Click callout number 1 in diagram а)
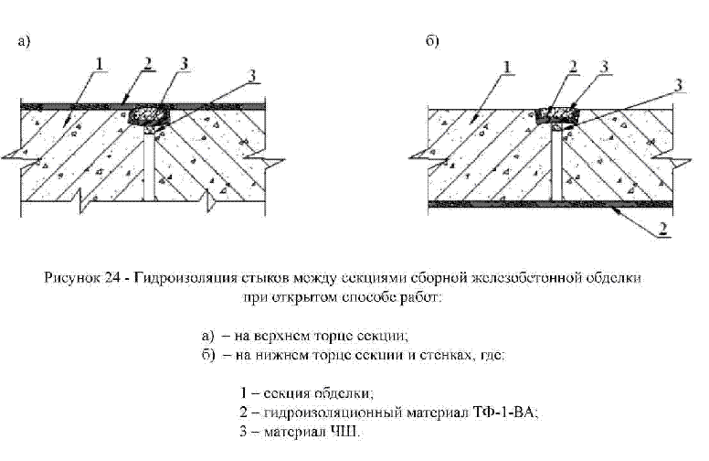100,63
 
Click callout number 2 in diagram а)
147,62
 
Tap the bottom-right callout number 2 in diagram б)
661,227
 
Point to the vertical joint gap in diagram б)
556,165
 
